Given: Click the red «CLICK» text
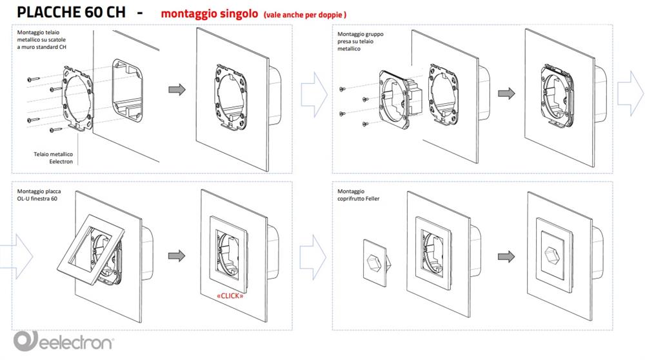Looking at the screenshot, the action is [230, 295].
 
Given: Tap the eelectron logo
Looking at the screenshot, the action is [64, 341].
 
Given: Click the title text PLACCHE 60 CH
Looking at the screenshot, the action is [71, 12].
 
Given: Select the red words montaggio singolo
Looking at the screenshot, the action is [210, 14].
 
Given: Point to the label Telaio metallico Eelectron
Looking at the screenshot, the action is [53, 157].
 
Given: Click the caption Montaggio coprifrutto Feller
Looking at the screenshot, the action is [358, 195].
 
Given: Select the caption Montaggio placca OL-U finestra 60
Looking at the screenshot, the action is [39, 195].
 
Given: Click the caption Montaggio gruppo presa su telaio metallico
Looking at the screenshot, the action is [360, 41].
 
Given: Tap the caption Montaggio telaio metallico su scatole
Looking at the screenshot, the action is [41, 39].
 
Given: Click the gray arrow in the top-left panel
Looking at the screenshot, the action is [177, 89].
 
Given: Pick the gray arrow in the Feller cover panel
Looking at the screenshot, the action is [506, 256].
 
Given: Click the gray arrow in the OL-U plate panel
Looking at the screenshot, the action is [177, 255].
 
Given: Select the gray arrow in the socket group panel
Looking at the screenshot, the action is [506, 94].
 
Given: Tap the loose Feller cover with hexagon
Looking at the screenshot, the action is [377, 263].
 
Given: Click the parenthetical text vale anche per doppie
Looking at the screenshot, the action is [305, 15].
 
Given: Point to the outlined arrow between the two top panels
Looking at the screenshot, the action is [314, 95].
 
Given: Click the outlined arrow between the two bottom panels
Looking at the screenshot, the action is [313, 257].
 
